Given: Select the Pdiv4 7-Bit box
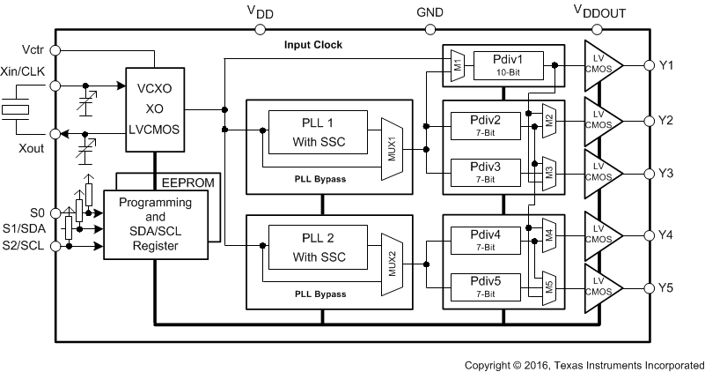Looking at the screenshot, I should click(485, 238).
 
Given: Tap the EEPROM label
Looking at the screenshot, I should click(186, 182).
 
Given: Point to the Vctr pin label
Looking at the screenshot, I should click(33, 48).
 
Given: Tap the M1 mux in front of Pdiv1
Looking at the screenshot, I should click(458, 64).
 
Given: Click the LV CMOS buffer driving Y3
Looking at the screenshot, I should click(601, 172).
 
